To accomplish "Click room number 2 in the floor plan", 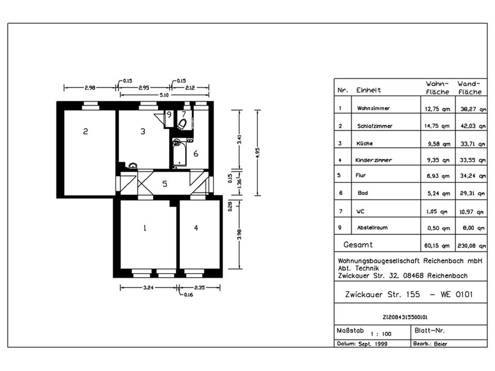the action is (85, 131).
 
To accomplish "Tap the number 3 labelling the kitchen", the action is (143, 131).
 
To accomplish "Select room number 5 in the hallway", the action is (164, 183).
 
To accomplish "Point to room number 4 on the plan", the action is (196, 228).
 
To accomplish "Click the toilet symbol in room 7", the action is (182, 124).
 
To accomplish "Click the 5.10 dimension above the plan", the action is (164, 95).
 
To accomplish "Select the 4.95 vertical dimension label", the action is (257, 153).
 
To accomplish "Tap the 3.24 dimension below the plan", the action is (148, 288).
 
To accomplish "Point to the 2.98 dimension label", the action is (90, 88).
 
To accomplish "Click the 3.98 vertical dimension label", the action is (239, 234).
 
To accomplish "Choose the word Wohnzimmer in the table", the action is (373, 108).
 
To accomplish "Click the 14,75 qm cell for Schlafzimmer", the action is (437, 126).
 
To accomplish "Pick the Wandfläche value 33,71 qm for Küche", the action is (473, 144).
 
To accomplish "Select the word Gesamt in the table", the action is (358, 244).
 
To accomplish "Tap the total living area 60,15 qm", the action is (437, 246).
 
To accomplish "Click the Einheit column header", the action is (368, 90).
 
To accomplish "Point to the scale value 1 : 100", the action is (381, 334).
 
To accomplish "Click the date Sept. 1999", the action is (373, 344).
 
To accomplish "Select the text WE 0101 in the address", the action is (456, 294).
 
